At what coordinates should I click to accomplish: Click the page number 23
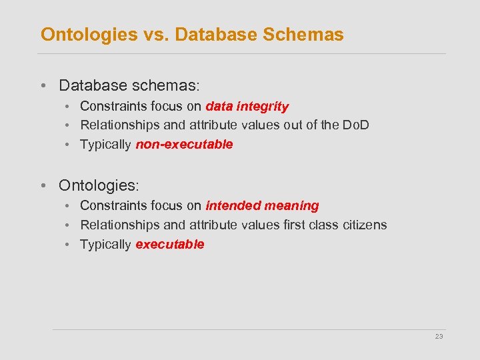pyautogui.click(x=439, y=337)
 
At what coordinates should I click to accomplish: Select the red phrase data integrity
pyautogui.click(x=247, y=106)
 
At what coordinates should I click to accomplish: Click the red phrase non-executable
pyautogui.click(x=184, y=145)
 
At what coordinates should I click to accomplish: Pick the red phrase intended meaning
pyautogui.click(x=262, y=206)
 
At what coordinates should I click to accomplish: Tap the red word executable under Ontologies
pyautogui.click(x=169, y=245)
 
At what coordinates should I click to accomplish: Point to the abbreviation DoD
pyautogui.click(x=355, y=125)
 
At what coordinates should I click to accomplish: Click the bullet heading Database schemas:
pyautogui.click(x=129, y=86)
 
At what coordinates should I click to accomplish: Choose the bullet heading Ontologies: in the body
pyautogui.click(x=101, y=185)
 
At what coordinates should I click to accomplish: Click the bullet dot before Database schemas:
pyautogui.click(x=43, y=86)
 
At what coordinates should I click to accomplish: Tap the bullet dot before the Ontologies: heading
pyautogui.click(x=43, y=185)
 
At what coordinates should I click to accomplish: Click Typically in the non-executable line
pyautogui.click(x=105, y=145)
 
